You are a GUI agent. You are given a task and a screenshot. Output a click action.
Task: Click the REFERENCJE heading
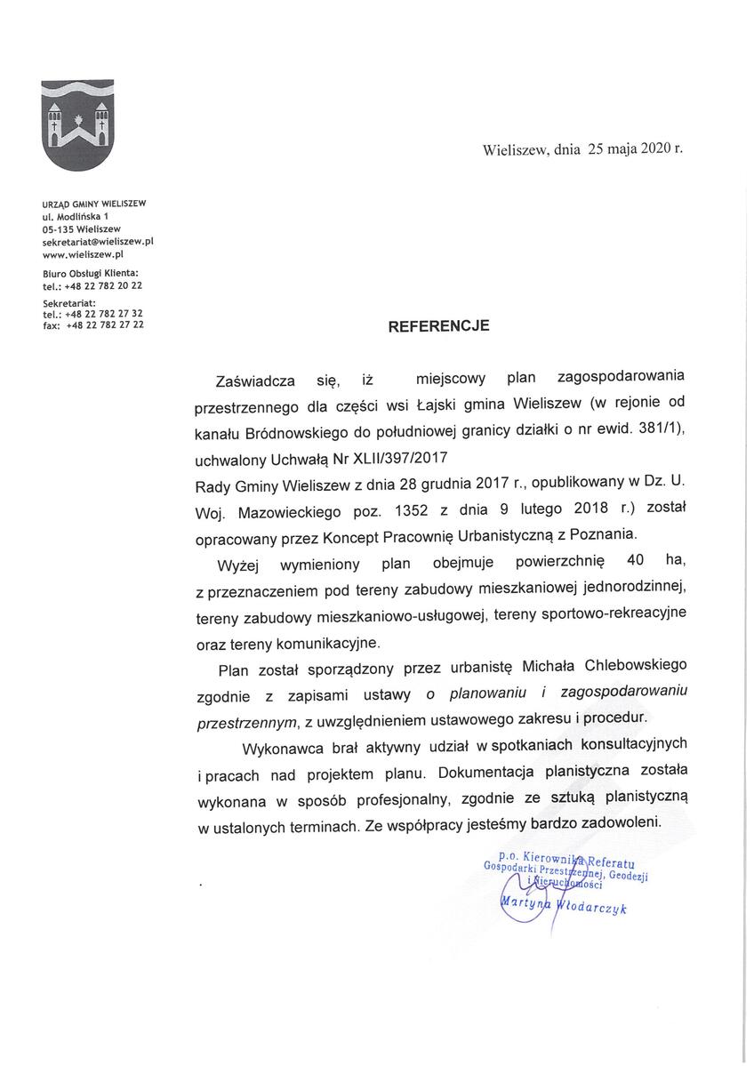pyautogui.click(x=438, y=326)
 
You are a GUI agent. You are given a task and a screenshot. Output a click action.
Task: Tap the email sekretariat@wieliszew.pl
pyautogui.click(x=99, y=241)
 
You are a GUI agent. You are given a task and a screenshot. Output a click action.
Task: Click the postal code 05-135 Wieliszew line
pyautogui.click(x=82, y=228)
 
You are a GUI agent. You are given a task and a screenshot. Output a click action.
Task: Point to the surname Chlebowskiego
pyautogui.click(x=636, y=665)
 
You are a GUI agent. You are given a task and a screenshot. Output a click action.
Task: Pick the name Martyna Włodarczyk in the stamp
pyautogui.click(x=564, y=904)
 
